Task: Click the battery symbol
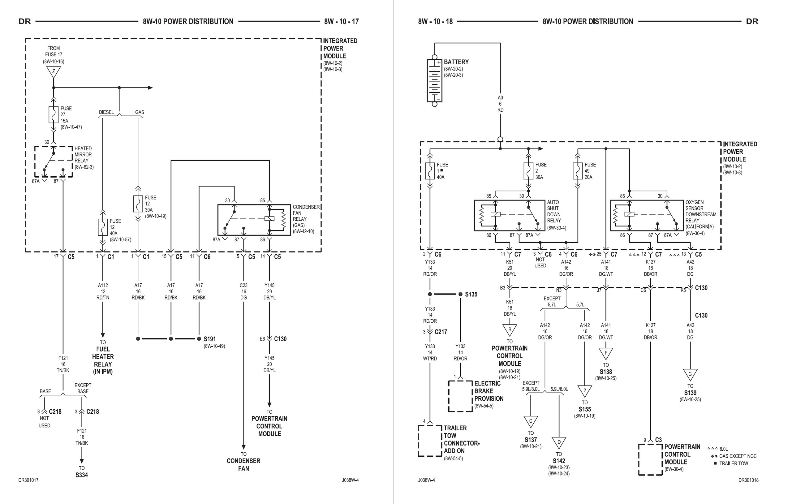click(x=434, y=81)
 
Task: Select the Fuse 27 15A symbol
click(x=54, y=114)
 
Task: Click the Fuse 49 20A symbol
click(x=578, y=171)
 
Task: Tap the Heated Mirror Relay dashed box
click(x=54, y=162)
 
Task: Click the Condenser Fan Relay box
click(x=254, y=220)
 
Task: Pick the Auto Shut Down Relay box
click(x=510, y=215)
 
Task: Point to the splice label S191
click(x=209, y=339)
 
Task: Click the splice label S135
click(x=471, y=295)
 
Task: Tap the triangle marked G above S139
click(x=690, y=374)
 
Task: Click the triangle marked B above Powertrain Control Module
click(x=510, y=330)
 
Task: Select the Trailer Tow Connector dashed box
click(x=429, y=441)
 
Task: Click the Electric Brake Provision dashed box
click(x=460, y=396)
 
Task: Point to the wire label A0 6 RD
click(x=500, y=104)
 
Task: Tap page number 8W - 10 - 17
click(x=341, y=22)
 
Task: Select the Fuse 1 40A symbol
click(x=430, y=171)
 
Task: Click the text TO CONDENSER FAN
click(x=243, y=461)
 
